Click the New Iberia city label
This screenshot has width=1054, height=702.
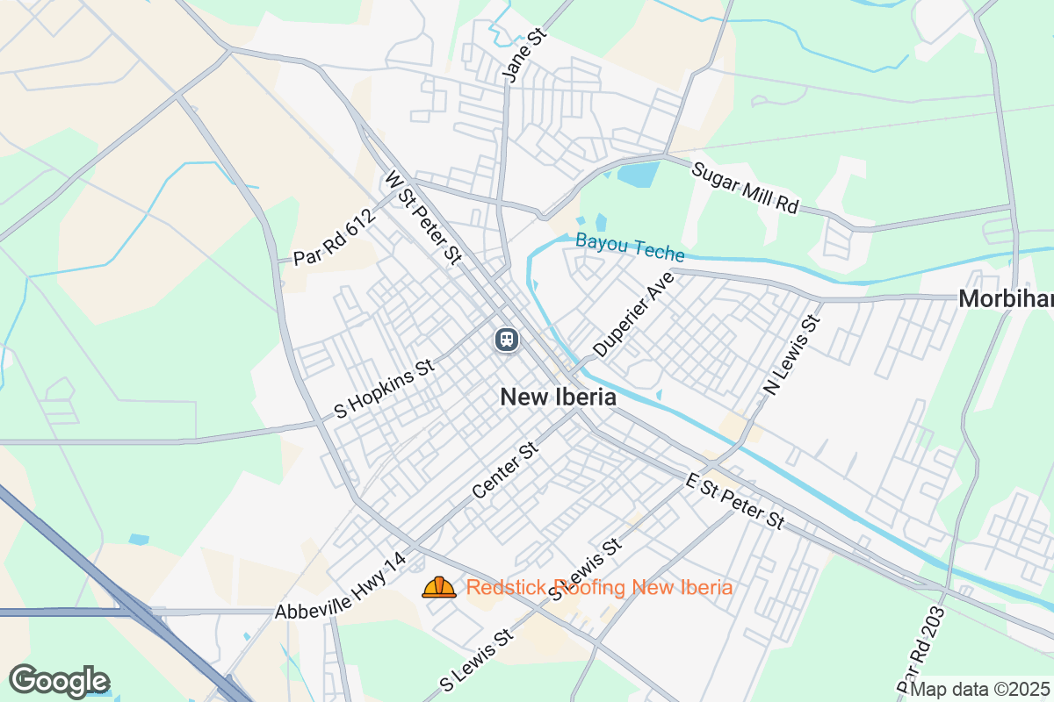[558, 398]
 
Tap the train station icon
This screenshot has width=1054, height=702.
[505, 339]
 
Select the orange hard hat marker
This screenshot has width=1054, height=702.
[439, 587]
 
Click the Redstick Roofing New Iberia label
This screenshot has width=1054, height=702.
[599, 587]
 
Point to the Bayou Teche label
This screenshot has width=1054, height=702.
[630, 247]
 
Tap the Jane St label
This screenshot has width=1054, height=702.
[524, 54]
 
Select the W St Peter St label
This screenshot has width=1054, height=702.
[422, 218]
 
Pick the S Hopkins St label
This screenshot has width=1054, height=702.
[386, 387]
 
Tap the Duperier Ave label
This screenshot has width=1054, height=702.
[632, 314]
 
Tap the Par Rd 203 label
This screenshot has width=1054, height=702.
[922, 649]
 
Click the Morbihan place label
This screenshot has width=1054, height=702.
[1006, 299]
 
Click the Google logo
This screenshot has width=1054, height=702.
[59, 681]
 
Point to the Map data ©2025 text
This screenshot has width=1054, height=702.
[979, 690]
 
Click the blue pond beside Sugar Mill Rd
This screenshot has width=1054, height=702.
[639, 174]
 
